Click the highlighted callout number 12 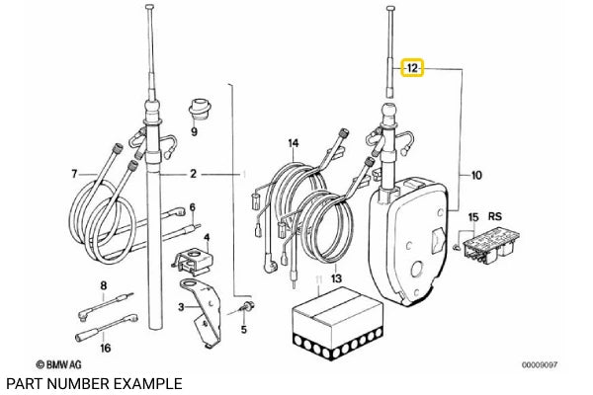tap(410, 69)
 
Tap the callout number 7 tap(73, 175)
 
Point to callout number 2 tap(194, 175)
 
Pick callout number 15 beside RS tap(473, 216)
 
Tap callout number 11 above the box tap(318, 281)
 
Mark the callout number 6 tap(193, 207)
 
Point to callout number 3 tap(180, 307)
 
